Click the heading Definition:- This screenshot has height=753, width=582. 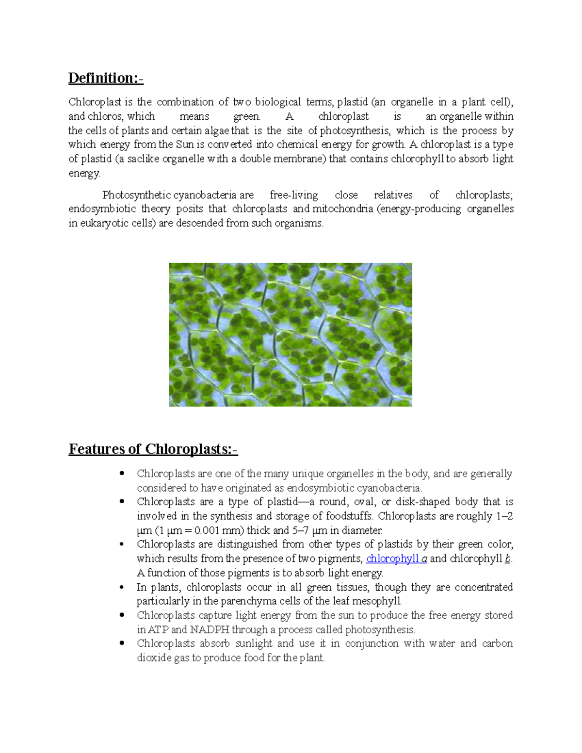[106, 78]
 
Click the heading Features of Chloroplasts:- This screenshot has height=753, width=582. [153, 449]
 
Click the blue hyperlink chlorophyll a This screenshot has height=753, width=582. [396, 559]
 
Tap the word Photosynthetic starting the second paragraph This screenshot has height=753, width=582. [136, 195]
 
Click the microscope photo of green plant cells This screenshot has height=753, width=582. [290, 335]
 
